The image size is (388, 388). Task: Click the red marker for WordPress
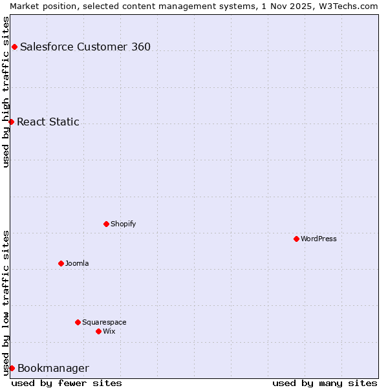296,239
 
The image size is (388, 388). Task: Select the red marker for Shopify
106,224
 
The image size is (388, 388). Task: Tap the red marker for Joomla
61,263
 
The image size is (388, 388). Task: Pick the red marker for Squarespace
78,322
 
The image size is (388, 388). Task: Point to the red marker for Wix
98,331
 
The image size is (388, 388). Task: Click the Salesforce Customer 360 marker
14,47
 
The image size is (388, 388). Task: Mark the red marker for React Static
11,122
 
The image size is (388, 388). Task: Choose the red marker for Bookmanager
12,368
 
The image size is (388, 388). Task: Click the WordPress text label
319,239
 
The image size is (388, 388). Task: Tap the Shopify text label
123,224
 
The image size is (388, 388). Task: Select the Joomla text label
77,263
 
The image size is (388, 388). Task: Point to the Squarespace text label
104,322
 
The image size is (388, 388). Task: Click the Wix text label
109,331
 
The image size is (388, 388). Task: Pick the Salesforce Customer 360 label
85,47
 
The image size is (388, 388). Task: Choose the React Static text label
48,122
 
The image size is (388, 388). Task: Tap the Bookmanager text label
53,369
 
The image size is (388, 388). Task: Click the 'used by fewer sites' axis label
67,383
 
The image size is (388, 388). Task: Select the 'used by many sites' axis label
325,383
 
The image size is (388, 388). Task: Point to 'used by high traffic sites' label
6,92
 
